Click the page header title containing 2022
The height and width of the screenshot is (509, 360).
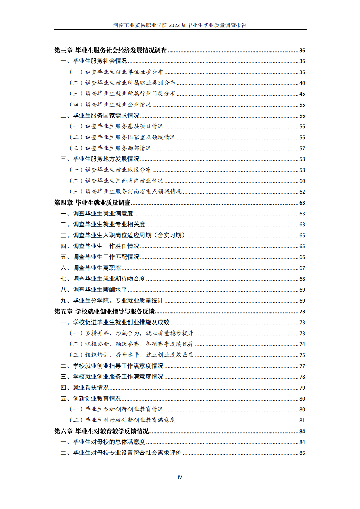click(180, 25)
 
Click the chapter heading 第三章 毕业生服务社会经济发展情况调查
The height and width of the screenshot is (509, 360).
click(111, 50)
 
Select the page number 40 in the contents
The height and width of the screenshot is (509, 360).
click(302, 83)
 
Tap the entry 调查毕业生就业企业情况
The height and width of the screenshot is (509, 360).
click(118, 105)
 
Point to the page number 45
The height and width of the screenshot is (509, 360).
click(302, 94)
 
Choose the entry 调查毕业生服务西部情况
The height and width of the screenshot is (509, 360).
click(118, 148)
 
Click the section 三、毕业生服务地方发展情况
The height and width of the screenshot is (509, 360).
click(100, 159)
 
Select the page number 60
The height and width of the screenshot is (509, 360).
click(302, 181)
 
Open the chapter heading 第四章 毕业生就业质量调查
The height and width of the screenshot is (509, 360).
click(92, 203)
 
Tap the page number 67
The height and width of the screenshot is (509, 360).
click(302, 268)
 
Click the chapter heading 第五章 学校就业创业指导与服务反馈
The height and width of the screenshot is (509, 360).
click(105, 311)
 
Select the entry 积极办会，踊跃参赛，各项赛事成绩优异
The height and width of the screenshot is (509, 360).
click(139, 344)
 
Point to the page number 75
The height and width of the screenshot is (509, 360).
click(302, 355)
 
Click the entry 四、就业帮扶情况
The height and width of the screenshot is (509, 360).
click(85, 388)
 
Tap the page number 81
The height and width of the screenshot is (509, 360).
click(302, 421)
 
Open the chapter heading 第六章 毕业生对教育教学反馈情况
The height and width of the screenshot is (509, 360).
click(102, 431)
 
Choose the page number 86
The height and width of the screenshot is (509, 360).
click(302, 453)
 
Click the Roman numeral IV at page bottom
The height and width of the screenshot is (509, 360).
click(180, 477)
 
